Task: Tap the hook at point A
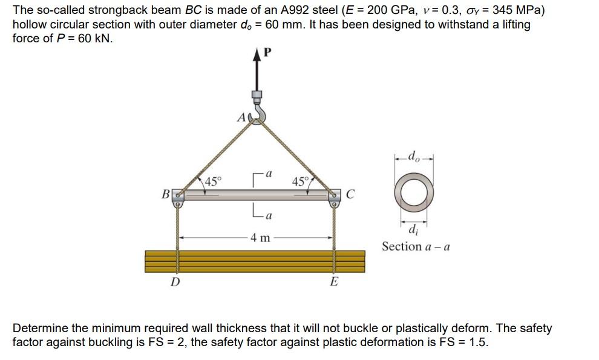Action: click(x=259, y=115)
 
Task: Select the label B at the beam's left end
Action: click(x=164, y=195)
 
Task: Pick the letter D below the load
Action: click(x=175, y=282)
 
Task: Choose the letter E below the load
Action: click(x=334, y=282)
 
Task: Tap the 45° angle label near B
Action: click(x=213, y=181)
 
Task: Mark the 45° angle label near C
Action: click(x=301, y=181)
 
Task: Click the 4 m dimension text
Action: click(x=261, y=237)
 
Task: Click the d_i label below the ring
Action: click(x=413, y=229)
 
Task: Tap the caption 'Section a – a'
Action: click(x=416, y=246)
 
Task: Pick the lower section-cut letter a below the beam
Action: click(x=269, y=216)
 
